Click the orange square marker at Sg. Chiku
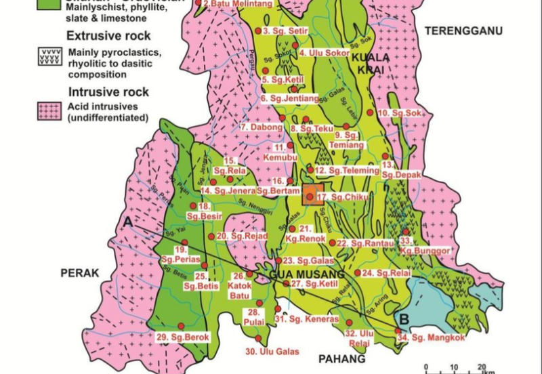tap(310, 195)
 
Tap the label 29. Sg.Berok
tap(184, 337)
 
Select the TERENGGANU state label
tap(455, 30)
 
